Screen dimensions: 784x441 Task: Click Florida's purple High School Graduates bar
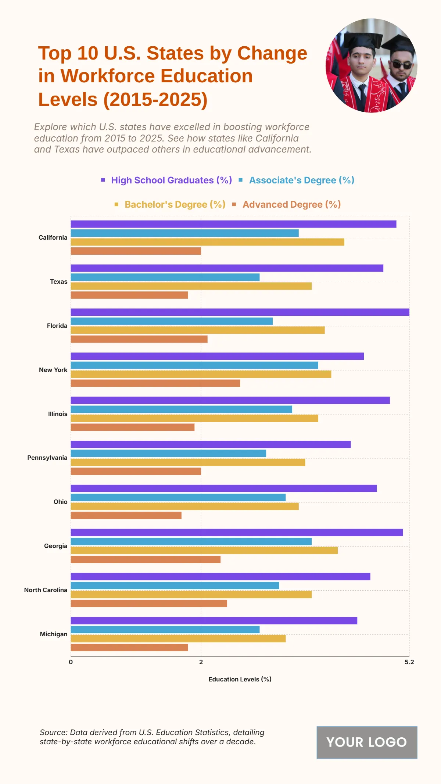tap(240, 312)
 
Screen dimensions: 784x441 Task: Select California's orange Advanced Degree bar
tap(136, 251)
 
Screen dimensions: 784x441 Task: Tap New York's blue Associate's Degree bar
tap(194, 365)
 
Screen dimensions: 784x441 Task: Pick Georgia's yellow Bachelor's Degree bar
tap(204, 550)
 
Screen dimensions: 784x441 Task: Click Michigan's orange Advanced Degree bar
tap(129, 647)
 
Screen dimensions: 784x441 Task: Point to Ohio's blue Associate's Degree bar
tap(178, 497)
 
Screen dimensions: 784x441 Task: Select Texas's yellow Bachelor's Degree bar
tap(191, 286)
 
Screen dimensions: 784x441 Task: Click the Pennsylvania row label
tap(47, 458)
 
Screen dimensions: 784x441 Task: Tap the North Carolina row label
tap(46, 590)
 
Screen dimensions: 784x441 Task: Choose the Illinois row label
tap(58, 414)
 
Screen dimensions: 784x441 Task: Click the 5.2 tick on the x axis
tap(409, 662)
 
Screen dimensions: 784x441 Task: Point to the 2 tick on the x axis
tap(201, 662)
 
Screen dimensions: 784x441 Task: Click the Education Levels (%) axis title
tap(240, 679)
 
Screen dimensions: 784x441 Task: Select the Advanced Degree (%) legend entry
tap(291, 204)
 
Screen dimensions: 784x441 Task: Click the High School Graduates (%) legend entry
tap(171, 180)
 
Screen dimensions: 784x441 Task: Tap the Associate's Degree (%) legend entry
tap(301, 180)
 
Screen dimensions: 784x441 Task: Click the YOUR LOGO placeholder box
tap(367, 742)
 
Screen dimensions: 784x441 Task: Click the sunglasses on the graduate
tap(401, 65)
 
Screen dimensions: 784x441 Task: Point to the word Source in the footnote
tap(53, 732)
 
